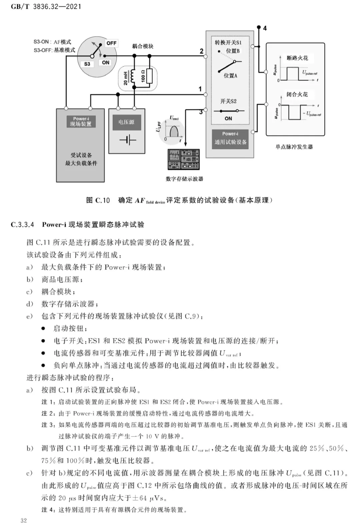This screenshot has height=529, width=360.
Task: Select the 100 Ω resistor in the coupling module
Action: (149, 76)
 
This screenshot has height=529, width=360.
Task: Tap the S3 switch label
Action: (87, 64)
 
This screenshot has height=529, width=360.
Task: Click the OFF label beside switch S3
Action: (111, 43)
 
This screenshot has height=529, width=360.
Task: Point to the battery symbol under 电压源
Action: (128, 140)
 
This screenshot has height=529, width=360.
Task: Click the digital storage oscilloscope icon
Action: (184, 159)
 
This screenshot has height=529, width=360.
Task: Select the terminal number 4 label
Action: (265, 28)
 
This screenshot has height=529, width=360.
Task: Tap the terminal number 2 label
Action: (201, 51)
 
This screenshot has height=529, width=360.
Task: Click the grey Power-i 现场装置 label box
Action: (81, 121)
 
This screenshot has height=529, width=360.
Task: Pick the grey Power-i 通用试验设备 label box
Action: (230, 139)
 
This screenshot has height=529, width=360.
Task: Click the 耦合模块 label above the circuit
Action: (143, 46)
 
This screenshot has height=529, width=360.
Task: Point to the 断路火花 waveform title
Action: (297, 58)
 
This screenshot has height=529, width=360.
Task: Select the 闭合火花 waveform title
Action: (297, 94)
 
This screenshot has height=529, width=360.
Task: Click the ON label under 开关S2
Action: (228, 119)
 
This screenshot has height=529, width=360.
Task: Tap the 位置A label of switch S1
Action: (230, 76)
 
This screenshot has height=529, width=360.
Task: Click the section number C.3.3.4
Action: (22, 224)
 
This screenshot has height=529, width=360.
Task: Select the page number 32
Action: (24, 520)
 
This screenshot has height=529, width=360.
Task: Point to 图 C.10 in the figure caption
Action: (98, 200)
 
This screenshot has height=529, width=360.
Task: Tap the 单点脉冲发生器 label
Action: (294, 147)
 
